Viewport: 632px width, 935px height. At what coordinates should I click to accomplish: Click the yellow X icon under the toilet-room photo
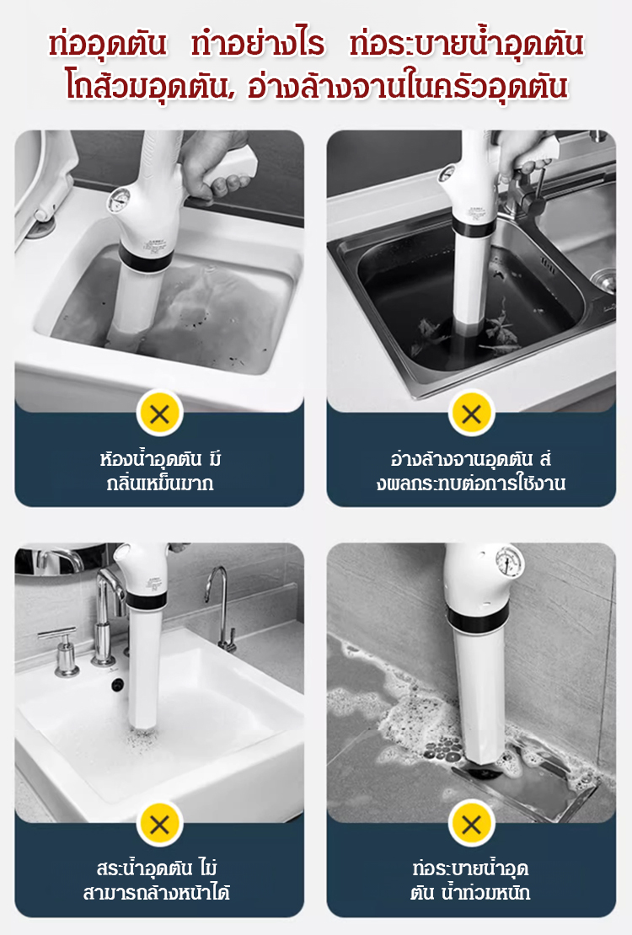click(x=159, y=413)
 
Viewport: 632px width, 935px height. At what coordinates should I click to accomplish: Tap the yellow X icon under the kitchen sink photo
click(x=471, y=413)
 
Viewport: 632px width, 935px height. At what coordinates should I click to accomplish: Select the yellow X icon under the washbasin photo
click(x=159, y=825)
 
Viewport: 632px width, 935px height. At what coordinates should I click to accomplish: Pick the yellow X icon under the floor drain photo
click(x=471, y=825)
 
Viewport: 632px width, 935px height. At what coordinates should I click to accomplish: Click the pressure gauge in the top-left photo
click(x=118, y=200)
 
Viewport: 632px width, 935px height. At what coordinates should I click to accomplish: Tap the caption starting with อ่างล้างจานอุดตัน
click(x=471, y=471)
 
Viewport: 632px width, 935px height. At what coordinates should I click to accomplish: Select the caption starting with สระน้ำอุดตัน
click(x=157, y=880)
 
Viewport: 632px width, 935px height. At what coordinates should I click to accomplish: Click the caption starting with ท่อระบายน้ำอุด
click(x=470, y=880)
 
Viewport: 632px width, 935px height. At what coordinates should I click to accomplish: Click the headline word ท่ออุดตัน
click(x=107, y=45)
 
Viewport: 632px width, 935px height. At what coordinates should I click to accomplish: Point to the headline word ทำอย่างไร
click(x=258, y=45)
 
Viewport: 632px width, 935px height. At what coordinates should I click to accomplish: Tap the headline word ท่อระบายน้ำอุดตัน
click(x=466, y=44)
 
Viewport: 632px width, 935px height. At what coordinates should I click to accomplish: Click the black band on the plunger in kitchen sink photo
click(x=474, y=227)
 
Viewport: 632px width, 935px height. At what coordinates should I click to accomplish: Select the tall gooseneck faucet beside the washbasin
click(x=222, y=608)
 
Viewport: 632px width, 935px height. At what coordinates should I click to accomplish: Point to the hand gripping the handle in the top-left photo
click(x=215, y=164)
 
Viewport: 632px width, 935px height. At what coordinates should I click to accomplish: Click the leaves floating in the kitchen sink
click(x=465, y=333)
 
